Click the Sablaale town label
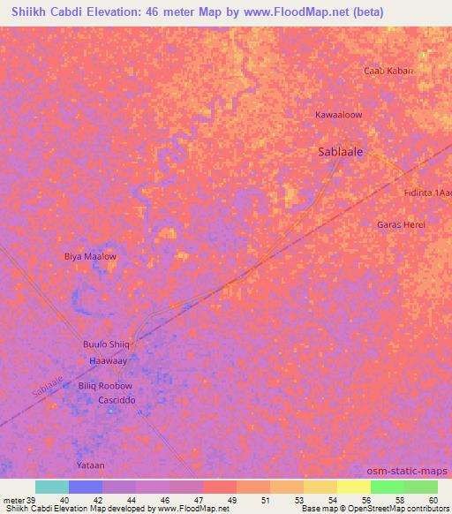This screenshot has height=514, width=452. click(x=341, y=152)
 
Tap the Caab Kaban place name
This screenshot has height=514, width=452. click(x=388, y=71)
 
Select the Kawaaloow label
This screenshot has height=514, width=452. click(x=339, y=115)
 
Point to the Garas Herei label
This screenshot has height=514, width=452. click(x=401, y=224)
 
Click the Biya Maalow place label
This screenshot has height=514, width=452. click(x=90, y=256)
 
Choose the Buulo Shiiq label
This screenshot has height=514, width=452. click(x=106, y=344)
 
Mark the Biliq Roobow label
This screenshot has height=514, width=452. click(x=105, y=386)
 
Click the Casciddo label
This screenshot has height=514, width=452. click(x=117, y=400)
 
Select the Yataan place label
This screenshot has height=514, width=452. click(x=90, y=465)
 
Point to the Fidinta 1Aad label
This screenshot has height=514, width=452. click(x=427, y=193)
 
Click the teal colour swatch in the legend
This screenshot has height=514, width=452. click(x=52, y=487)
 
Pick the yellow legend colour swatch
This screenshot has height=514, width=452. click(x=353, y=487)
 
